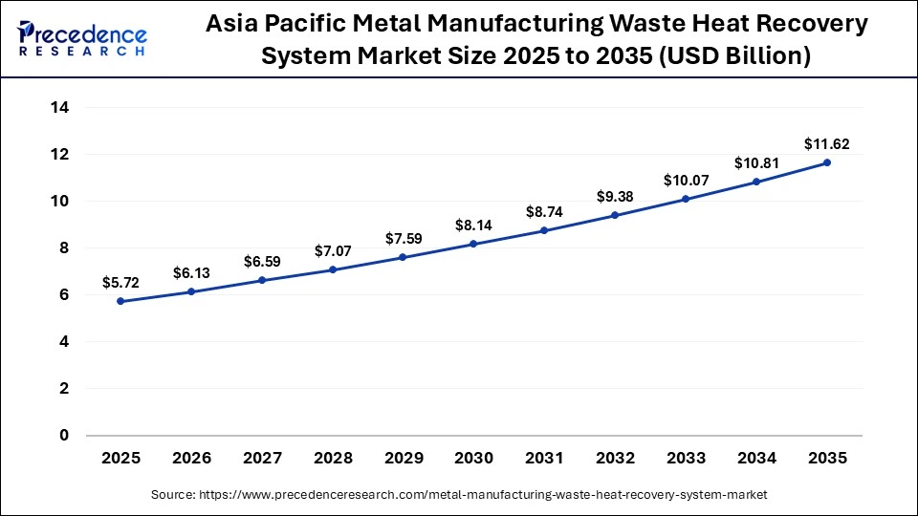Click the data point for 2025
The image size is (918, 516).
pos(120,301)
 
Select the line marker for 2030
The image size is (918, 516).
pos(473,245)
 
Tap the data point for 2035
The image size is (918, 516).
pos(827,162)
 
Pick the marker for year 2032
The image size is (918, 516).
pos(615,215)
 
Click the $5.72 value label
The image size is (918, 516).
pos(120,283)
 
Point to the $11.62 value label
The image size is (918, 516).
pos(827,144)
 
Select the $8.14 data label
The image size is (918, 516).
pos(473,226)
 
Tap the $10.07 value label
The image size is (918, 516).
pos(686,181)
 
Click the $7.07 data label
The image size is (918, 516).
pos(332,251)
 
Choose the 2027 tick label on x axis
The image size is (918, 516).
pos(261,458)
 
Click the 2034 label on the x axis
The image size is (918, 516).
pos(756,458)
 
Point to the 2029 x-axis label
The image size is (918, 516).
pos(403,458)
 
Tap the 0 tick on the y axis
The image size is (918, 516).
pos(64,436)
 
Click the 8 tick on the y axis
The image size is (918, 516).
pos(64,248)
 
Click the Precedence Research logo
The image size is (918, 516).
pos(82,38)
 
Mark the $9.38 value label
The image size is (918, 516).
pos(615,197)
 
